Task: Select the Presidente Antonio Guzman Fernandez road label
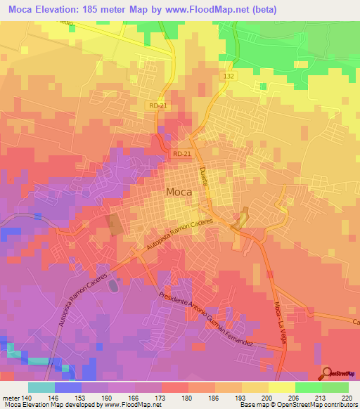click(x=214, y=320)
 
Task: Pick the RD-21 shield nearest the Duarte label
click(x=181, y=153)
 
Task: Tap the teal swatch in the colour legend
click(x=41, y=387)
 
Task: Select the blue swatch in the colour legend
click(x=67, y=387)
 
